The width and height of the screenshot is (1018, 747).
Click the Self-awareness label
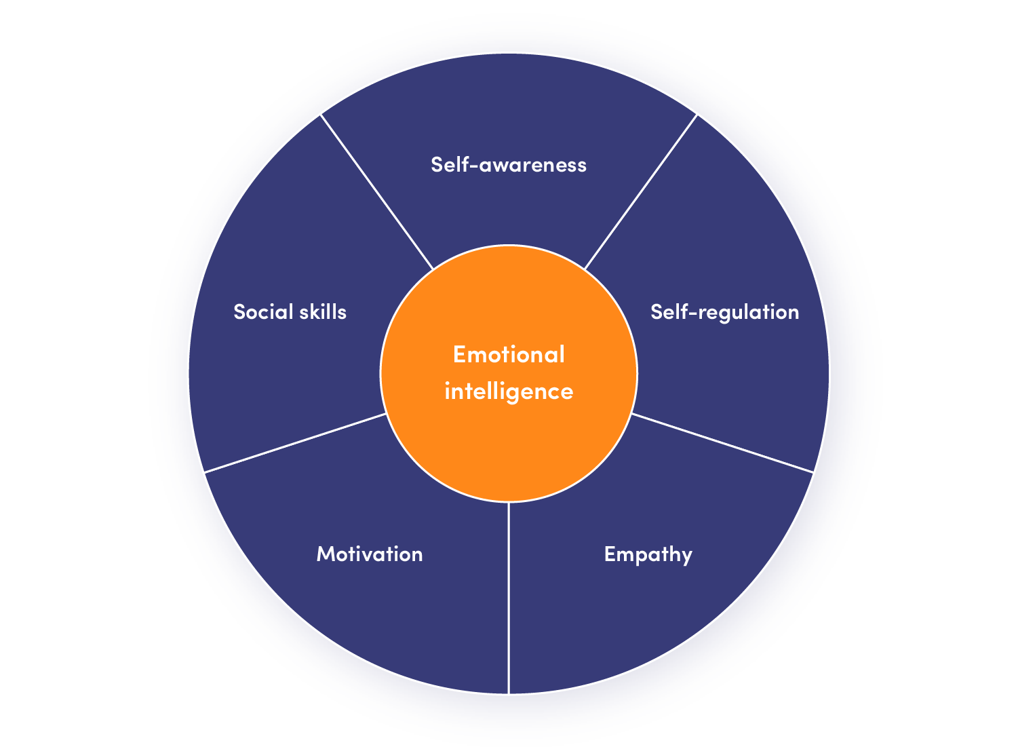pos(509,165)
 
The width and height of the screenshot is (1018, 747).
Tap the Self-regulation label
pos(724,312)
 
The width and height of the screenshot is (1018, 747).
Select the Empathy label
pos(648,554)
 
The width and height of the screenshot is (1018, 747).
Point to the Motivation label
pos(370,554)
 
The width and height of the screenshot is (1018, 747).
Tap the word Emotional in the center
pos(509,355)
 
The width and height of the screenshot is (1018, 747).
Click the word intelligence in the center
pos(509,391)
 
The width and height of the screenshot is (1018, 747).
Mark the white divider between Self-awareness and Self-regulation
pos(640,192)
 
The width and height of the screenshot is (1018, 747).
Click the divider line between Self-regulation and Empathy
pos(722,442)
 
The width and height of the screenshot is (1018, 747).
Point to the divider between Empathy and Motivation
pos(509,597)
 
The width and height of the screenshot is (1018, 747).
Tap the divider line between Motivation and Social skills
pos(295,442)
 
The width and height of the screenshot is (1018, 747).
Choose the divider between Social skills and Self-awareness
pos(377,192)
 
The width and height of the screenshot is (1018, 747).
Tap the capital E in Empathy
pos(610,554)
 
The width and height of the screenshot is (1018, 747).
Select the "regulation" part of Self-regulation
pos(749,313)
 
